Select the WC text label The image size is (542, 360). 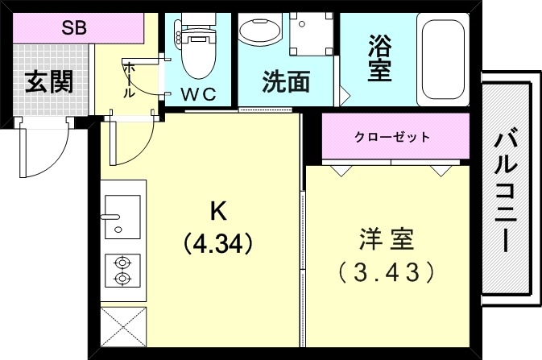point(198,93)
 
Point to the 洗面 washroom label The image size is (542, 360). point(286,82)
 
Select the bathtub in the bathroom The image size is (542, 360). point(444,58)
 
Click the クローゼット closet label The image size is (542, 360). point(392,137)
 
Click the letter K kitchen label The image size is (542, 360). point(217,211)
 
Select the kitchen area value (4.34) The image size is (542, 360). point(218,242)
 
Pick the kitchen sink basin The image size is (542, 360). point(122,215)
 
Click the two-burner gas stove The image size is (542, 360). point(122,271)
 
